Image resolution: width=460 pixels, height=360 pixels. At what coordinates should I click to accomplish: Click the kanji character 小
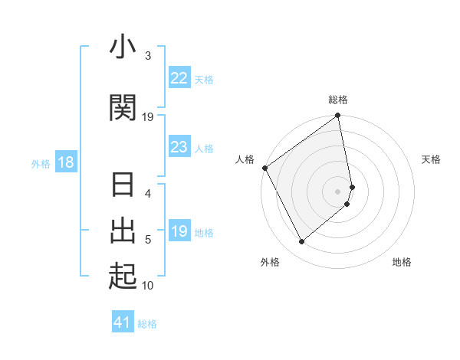coord(123,47)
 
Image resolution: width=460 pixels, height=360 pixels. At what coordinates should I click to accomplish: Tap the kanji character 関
coord(123,108)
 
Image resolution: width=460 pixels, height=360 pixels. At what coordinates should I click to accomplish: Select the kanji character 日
coord(123,186)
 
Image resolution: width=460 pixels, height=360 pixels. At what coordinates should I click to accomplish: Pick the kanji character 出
coord(123,230)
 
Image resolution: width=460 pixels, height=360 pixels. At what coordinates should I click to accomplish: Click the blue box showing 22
coord(179,78)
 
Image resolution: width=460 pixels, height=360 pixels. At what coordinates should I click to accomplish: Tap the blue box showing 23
coord(179,147)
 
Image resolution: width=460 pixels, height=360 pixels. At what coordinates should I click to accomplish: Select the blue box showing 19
coord(179,231)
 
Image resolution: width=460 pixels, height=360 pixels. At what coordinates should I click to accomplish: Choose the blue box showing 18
coord(66,162)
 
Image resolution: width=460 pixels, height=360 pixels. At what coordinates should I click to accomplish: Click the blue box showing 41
coord(123,322)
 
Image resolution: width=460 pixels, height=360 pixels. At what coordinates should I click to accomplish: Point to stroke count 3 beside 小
coord(147,56)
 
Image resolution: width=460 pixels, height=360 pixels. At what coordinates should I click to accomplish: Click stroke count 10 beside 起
coord(148,286)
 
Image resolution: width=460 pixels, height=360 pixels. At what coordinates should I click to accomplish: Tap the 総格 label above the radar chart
coord(338,100)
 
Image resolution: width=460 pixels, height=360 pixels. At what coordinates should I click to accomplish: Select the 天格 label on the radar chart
coord(431,159)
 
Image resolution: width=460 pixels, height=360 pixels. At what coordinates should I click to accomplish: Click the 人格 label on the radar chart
coord(245,159)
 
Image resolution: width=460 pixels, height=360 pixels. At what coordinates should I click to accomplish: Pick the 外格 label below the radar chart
coord(270,262)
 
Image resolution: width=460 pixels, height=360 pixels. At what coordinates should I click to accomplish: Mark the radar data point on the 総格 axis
coord(338,116)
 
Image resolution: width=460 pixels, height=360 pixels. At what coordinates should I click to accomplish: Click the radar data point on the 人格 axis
coord(264,168)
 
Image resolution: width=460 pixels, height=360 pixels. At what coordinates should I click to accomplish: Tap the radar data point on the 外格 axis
coord(301,242)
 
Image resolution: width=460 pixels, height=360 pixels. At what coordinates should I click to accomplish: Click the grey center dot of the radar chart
coord(338,191)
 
